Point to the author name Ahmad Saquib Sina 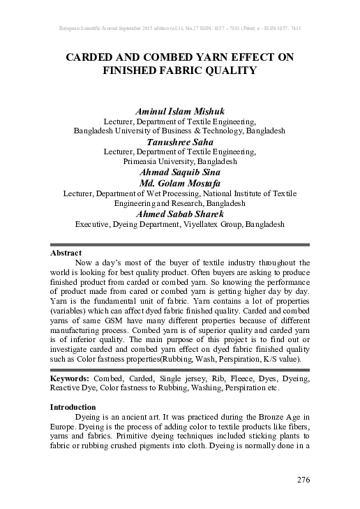[x=180, y=171]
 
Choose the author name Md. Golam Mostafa [x=180, y=183]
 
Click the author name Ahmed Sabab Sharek [x=180, y=214]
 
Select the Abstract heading [x=67, y=252]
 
